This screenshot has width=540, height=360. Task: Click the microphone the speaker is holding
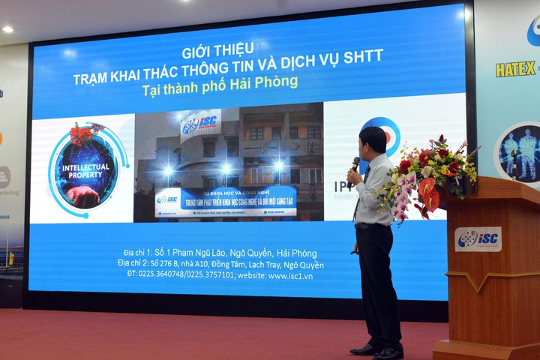(355, 163)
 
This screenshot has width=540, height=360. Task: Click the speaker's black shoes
(379, 349)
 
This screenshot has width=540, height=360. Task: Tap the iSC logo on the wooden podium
(478, 238)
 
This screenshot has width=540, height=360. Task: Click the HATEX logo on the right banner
(515, 69)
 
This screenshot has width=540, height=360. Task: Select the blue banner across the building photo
(226, 200)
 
